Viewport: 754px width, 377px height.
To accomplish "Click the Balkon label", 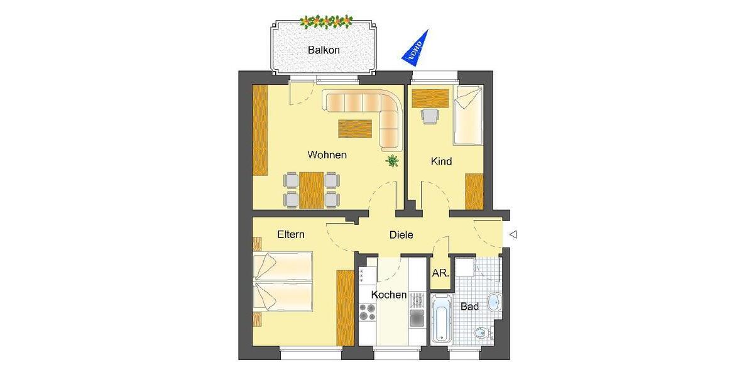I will [324, 50].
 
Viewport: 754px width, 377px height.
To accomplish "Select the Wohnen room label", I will [327, 155].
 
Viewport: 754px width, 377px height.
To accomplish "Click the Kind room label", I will [441, 161].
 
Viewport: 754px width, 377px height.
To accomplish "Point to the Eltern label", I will [291, 234].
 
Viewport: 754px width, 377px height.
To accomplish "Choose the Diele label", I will [402, 235].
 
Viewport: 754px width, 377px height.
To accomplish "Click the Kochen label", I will [389, 295].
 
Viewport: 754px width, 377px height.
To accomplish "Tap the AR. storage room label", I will [440, 273].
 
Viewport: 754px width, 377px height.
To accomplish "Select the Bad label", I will [469, 307].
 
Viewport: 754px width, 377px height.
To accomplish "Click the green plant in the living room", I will [393, 161].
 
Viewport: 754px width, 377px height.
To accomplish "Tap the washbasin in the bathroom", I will [494, 302].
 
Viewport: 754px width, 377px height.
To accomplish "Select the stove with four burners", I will [367, 312].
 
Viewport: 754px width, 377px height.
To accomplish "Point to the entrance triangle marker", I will [513, 235].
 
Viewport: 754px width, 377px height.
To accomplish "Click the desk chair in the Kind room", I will [430, 116].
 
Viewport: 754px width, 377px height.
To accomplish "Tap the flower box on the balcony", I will [327, 22].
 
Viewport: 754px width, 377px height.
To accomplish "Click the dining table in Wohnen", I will [312, 190].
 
